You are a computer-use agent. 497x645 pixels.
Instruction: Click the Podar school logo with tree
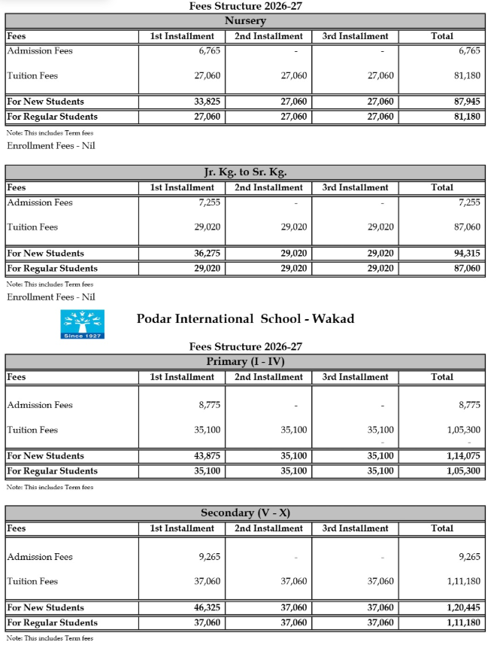[x=82, y=324]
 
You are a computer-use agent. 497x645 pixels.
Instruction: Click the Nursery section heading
[x=245, y=21]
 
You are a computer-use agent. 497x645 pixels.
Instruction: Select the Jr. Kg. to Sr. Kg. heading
[x=245, y=172]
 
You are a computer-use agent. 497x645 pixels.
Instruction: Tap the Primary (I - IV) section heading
[x=245, y=362]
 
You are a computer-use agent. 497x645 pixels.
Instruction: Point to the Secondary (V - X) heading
[x=245, y=513]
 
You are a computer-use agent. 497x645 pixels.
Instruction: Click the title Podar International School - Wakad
[x=245, y=318]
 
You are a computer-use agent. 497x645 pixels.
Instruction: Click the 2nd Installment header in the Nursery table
[x=268, y=36]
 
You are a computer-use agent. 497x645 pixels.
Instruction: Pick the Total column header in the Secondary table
[x=442, y=528]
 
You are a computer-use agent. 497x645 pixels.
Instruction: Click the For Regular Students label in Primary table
[x=53, y=471]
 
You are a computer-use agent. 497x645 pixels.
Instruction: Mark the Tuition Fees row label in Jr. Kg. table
[x=32, y=227]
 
